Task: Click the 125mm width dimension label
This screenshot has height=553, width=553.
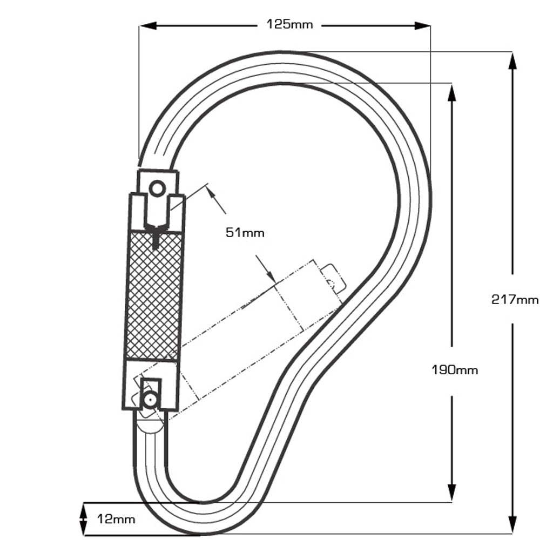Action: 289,24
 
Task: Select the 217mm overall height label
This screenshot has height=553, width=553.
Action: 515,299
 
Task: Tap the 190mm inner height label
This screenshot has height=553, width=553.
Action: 455,370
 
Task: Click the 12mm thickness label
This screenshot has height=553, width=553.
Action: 116,520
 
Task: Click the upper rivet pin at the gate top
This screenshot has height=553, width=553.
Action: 157,189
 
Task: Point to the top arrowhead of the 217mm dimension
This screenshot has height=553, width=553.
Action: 512,61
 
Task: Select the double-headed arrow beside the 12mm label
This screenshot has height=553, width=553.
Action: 83,520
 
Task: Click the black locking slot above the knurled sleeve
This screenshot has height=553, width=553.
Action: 156,238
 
